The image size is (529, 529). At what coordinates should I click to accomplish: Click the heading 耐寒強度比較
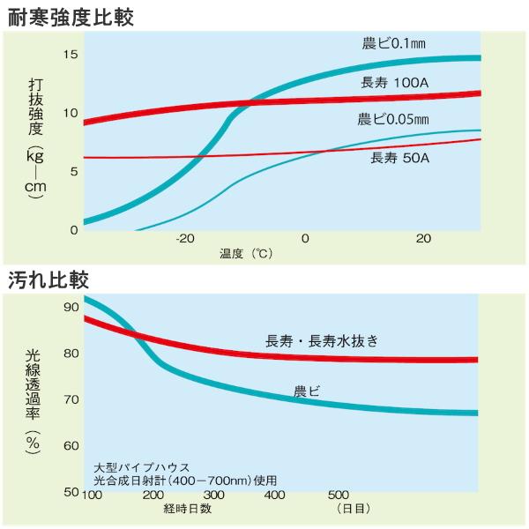pos(71,15)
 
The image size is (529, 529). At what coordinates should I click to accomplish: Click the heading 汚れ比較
pos(51,279)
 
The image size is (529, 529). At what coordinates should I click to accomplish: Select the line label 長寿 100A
pos(397,83)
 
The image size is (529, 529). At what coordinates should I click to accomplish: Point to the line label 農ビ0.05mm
pos(393,119)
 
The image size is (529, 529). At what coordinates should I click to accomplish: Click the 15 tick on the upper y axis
pos(71,55)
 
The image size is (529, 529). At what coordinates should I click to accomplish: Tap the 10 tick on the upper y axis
pos(71,113)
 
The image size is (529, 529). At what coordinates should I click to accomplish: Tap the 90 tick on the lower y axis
pos(71,308)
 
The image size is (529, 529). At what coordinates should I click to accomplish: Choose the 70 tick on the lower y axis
pos(71,399)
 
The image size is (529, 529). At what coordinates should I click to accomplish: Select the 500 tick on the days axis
pos(339,495)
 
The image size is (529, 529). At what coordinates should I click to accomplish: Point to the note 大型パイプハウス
pos(141,467)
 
